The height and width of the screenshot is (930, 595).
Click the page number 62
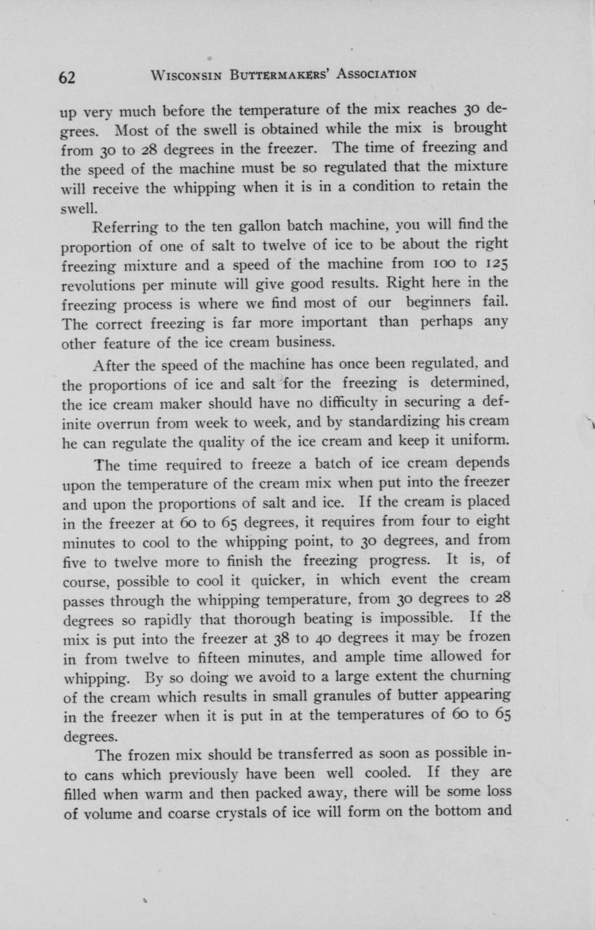pyautogui.click(x=67, y=77)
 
